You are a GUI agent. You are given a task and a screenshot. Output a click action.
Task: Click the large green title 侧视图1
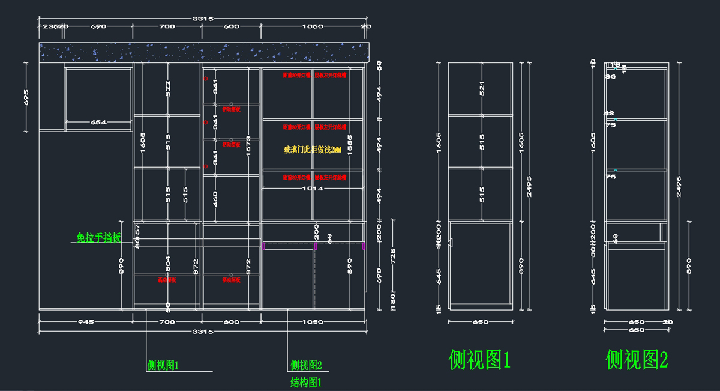[479, 360]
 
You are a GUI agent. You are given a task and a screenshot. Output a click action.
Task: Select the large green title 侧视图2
[637, 360]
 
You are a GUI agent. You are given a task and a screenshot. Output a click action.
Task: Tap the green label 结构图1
[307, 381]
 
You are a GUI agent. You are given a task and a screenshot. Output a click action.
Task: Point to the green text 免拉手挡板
[99, 238]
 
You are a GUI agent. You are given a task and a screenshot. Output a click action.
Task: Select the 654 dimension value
[98, 123]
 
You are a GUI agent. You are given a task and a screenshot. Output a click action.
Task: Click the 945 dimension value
[85, 322]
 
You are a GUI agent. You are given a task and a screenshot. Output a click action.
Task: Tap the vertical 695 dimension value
[26, 97]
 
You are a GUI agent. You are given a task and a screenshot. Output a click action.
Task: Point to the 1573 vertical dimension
[248, 146]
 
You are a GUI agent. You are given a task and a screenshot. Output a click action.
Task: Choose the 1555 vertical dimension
[350, 146]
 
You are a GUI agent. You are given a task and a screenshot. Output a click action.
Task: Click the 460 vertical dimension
[215, 198]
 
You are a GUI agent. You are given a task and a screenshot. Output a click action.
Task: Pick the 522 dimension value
[168, 88]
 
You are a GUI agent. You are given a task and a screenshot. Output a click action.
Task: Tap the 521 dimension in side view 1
[482, 88]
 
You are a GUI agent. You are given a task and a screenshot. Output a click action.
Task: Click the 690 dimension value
[98, 26]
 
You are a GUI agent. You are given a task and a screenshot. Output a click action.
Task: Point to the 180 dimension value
[394, 299]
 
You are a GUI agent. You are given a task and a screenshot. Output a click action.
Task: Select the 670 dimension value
[379, 275]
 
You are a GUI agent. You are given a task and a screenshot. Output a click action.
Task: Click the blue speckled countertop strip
[204, 52]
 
